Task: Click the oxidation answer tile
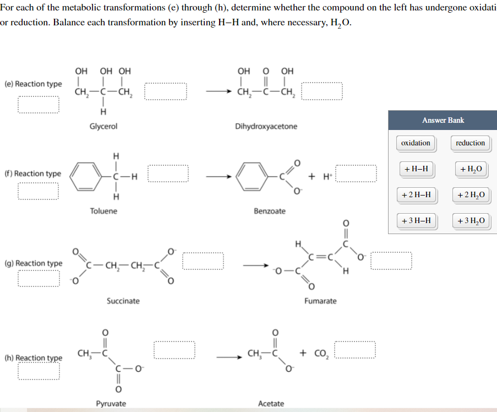416,143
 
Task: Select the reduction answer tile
470,143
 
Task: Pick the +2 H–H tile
416,194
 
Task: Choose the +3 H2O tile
470,221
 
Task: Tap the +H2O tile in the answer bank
470,169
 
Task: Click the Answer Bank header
443,120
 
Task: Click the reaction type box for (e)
38,104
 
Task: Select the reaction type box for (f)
38,191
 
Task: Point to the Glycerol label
103,126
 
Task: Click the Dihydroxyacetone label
266,126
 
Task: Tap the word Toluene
103,211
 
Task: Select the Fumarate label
320,301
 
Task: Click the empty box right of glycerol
166,91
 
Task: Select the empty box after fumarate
391,261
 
